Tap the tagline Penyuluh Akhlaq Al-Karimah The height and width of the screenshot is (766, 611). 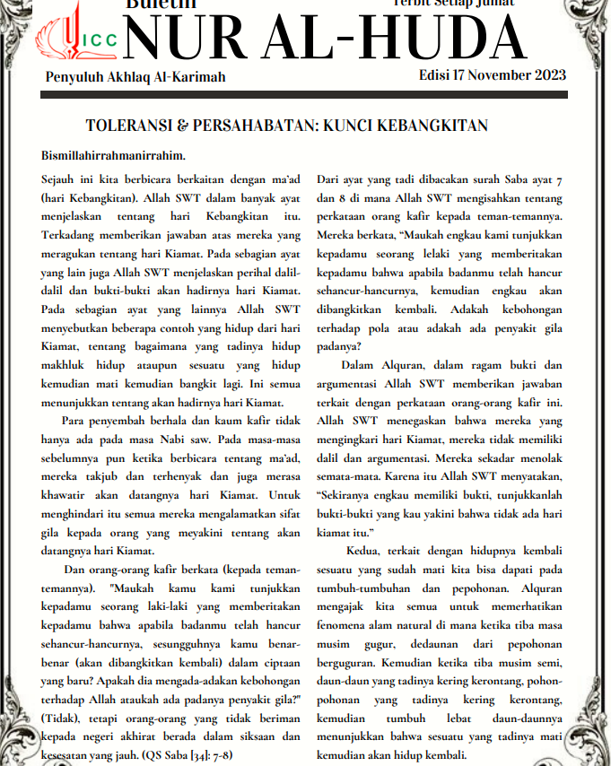point(135,77)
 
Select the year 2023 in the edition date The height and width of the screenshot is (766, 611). point(545,74)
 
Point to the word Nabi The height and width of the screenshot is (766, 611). point(182,440)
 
